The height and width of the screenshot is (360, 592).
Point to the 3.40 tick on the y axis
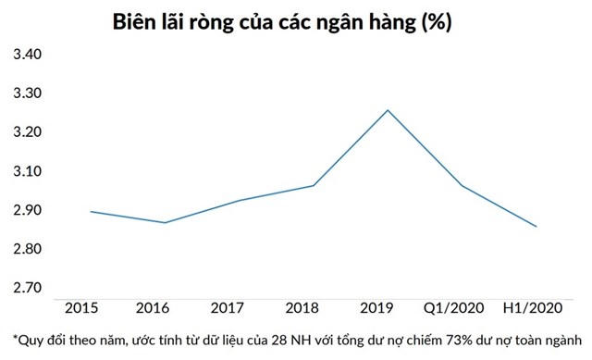click(26, 56)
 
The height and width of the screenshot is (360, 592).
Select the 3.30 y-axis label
click(26, 94)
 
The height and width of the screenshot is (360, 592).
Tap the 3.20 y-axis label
click(26, 133)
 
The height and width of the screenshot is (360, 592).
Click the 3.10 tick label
click(26, 172)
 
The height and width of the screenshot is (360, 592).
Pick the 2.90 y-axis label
click(26, 211)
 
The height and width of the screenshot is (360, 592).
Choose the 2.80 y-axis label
click(26, 250)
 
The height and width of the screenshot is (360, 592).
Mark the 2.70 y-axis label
click(26, 288)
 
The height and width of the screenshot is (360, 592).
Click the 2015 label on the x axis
click(81, 306)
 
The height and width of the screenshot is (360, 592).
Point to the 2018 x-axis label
click(313, 306)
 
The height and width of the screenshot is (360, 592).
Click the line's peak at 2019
click(388, 110)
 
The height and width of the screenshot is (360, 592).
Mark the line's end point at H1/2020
click(536, 227)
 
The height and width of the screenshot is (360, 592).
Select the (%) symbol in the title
click(436, 21)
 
